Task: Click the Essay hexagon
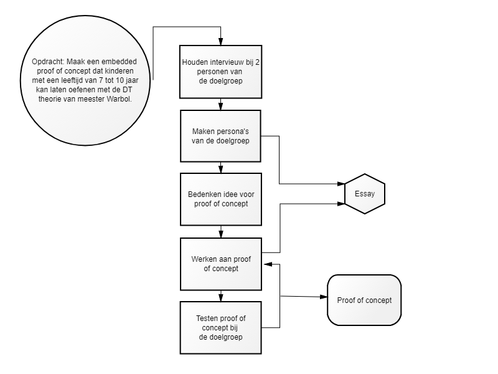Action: pos(365,194)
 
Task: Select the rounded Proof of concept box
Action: pos(364,300)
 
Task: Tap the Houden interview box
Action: pos(221,72)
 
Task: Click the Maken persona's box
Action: pos(221,136)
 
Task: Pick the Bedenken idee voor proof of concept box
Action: pos(221,199)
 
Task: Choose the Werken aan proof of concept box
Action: pos(221,264)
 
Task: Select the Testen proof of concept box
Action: pos(221,328)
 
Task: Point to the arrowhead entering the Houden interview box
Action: pos(221,42)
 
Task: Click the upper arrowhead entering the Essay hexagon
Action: pos(341,184)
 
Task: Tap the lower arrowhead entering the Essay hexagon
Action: pos(341,204)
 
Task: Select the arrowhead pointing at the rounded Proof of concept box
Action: pos(324,297)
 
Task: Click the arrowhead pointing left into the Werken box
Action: pos(268,264)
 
